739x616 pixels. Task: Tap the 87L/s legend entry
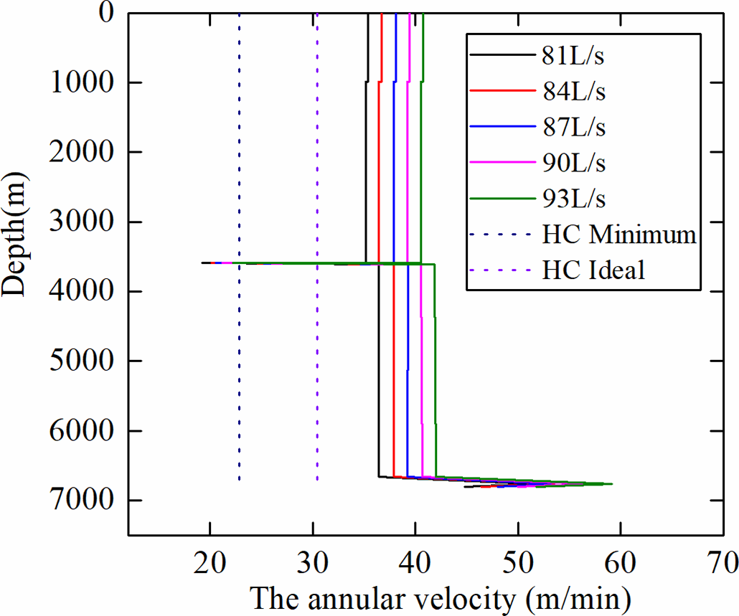click(574, 126)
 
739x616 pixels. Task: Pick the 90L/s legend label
click(574, 162)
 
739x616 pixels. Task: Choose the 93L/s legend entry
click(574, 198)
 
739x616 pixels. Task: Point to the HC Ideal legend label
click(594, 270)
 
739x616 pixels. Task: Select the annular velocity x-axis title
click(439, 597)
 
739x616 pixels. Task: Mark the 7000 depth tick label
click(80, 501)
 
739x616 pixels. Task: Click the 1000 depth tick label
click(80, 82)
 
